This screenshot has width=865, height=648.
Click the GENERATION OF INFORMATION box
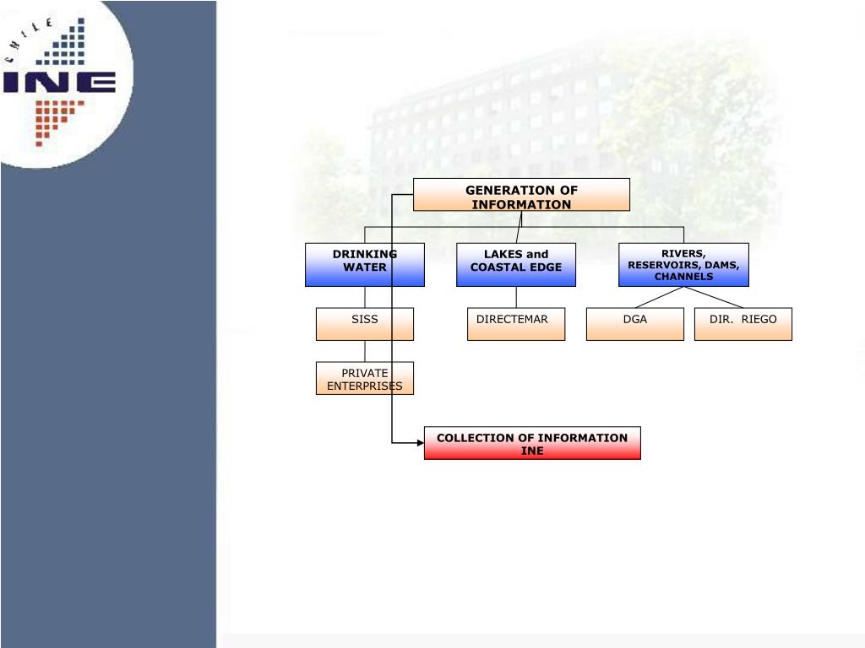click(521, 195)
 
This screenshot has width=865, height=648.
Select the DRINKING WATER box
click(365, 265)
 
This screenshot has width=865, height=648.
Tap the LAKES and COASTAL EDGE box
click(516, 265)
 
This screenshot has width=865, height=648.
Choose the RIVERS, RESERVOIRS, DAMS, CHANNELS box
click(683, 265)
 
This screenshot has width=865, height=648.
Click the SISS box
click(365, 324)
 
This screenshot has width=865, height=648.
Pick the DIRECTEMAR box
click(516, 324)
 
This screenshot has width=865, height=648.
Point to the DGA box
click(635, 324)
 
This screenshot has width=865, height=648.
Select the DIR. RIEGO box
click(743, 324)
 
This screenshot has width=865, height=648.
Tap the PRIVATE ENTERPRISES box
click(365, 379)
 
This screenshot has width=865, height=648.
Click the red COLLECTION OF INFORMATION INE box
click(532, 443)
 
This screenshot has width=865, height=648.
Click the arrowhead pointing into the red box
click(420, 442)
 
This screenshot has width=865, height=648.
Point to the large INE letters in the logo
click(59, 82)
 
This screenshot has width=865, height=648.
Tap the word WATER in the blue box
click(365, 267)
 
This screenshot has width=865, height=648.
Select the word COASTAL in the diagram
click(498, 267)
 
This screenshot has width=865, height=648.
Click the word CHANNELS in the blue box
click(683, 277)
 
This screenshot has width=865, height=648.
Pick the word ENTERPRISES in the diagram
click(365, 386)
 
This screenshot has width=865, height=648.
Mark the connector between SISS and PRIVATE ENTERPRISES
click(365, 351)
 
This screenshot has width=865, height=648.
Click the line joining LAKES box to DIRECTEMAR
click(516, 297)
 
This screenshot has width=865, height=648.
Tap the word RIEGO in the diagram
click(759, 320)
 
